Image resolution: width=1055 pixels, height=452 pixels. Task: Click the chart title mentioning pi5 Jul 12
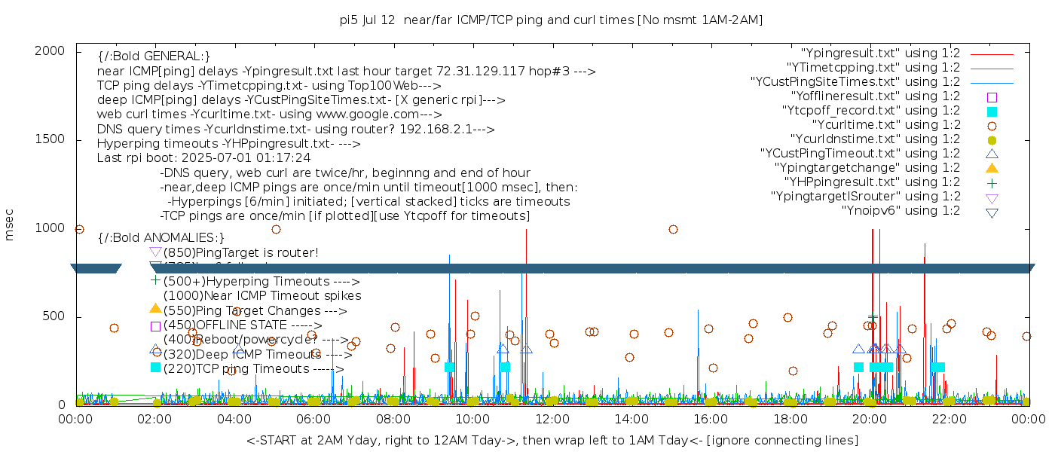pyautogui.click(x=551, y=20)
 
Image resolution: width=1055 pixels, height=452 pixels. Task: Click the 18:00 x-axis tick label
pyautogui.click(x=790, y=419)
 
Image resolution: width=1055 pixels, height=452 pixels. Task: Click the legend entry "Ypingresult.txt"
pyautogui.click(x=880, y=53)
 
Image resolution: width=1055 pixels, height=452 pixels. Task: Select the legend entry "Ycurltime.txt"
pyautogui.click(x=886, y=125)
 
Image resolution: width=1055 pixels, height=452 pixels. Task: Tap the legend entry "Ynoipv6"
pyautogui.click(x=901, y=211)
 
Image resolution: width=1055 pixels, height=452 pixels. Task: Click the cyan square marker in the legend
pyautogui.click(x=992, y=111)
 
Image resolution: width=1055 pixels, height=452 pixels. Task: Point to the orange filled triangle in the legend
pyautogui.click(x=992, y=168)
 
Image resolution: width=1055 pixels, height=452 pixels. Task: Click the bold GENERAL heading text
pyautogui.click(x=154, y=56)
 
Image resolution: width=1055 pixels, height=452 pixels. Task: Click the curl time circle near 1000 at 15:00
pyautogui.click(x=673, y=229)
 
